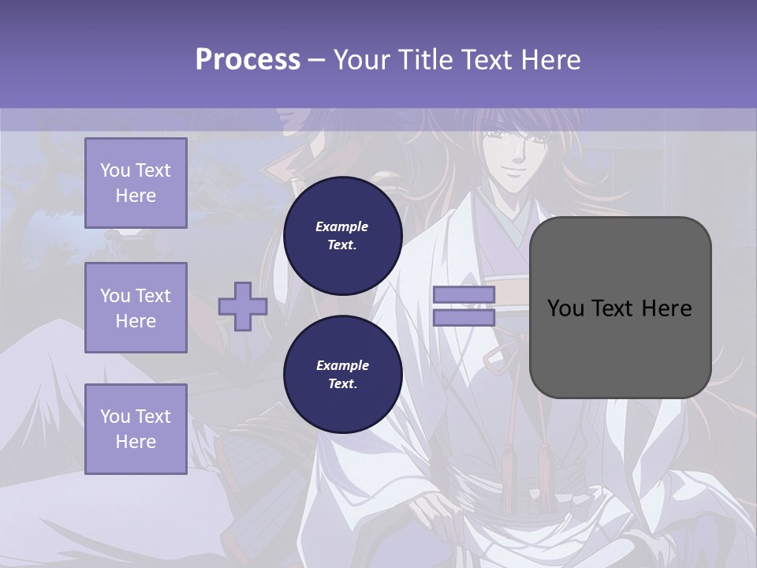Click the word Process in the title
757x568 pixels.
point(248,60)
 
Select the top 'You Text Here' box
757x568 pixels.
point(136,183)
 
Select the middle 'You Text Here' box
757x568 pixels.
point(136,308)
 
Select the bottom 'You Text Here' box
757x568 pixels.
point(136,428)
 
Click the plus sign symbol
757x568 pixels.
point(243,306)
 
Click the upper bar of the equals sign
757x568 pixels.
point(464,295)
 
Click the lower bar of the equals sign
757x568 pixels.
point(464,317)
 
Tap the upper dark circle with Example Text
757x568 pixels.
point(342,235)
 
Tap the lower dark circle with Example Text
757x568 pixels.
point(342,374)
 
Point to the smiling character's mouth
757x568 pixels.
point(513,168)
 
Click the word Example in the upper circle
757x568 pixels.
point(342,226)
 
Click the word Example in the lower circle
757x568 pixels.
point(342,365)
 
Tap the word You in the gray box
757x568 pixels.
point(565,308)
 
